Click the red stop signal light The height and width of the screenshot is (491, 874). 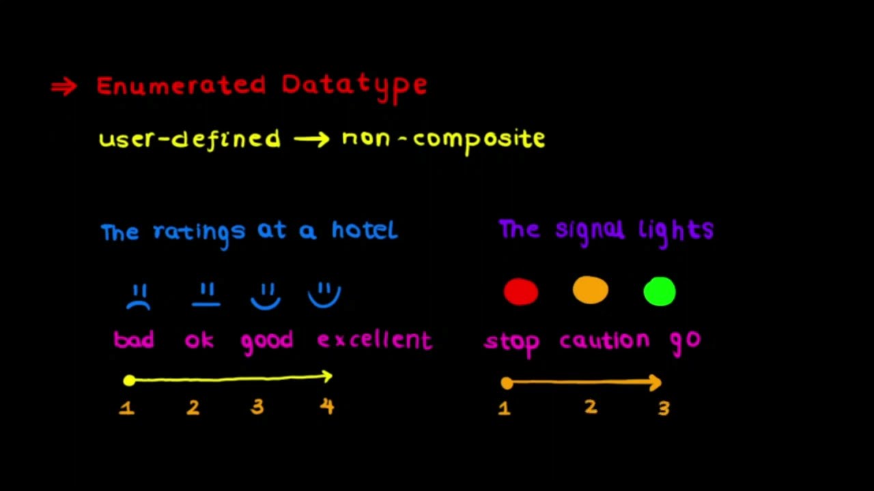[x=521, y=291]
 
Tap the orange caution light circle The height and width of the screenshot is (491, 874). [x=591, y=290]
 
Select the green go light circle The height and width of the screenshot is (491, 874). [x=660, y=291]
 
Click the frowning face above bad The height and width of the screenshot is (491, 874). [x=139, y=297]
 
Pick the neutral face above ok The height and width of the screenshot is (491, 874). [x=206, y=295]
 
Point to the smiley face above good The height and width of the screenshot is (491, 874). [x=266, y=297]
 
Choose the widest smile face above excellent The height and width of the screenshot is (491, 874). [x=324, y=295]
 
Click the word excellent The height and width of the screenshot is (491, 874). [x=375, y=340]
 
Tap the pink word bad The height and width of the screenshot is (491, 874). [x=134, y=339]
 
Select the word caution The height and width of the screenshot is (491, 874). [x=604, y=340]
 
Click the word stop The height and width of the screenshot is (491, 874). [x=512, y=341]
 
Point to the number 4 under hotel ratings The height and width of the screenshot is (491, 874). [x=327, y=406]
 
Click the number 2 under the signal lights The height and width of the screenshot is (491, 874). [x=591, y=407]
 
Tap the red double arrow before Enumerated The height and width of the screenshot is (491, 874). [x=64, y=87]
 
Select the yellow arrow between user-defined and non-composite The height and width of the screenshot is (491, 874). [x=311, y=139]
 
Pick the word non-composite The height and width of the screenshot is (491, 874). [x=443, y=139]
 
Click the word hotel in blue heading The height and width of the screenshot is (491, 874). [x=364, y=230]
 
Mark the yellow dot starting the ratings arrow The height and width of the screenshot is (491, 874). [x=129, y=381]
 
